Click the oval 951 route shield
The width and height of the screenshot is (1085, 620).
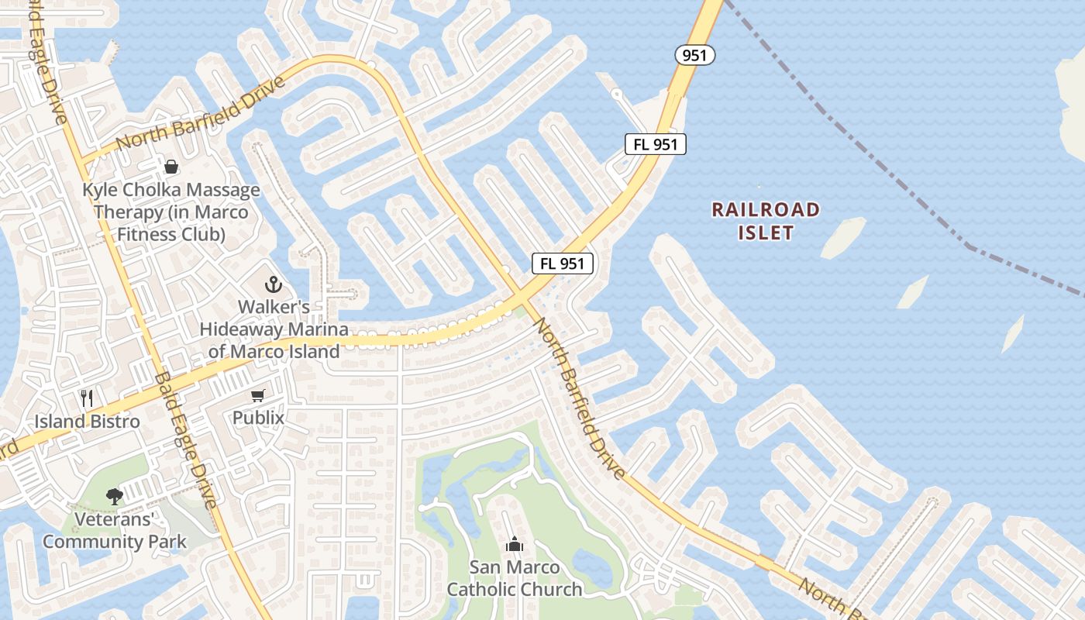[x=694, y=55]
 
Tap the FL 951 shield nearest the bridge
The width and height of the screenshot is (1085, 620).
[x=656, y=144]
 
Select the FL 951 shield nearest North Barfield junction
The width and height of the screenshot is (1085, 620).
[x=563, y=263]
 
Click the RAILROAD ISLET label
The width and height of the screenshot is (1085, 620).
[x=766, y=221]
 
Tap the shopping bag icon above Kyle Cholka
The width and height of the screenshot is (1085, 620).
[x=170, y=167]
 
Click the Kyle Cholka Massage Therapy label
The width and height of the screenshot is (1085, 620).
[x=171, y=212]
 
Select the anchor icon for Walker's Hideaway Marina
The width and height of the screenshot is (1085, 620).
[x=273, y=284]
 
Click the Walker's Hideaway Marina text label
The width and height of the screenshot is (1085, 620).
[x=274, y=329]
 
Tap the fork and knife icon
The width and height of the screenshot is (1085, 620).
[x=87, y=398]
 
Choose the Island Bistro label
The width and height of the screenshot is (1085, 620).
[x=87, y=422]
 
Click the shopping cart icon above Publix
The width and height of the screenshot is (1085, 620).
[x=258, y=395]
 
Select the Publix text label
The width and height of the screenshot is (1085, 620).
[x=258, y=418]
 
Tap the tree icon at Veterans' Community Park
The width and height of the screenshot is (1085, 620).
[x=115, y=496]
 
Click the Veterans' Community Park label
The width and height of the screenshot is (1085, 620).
[x=115, y=530]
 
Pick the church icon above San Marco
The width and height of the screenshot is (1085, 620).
[x=514, y=545]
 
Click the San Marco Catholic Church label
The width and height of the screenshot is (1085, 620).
[x=515, y=578]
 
